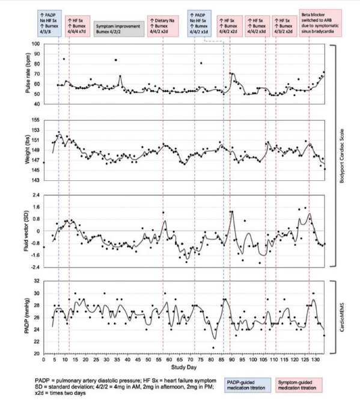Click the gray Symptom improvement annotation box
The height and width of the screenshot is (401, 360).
click(118, 29)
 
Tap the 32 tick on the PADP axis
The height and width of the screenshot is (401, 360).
click(36, 281)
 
